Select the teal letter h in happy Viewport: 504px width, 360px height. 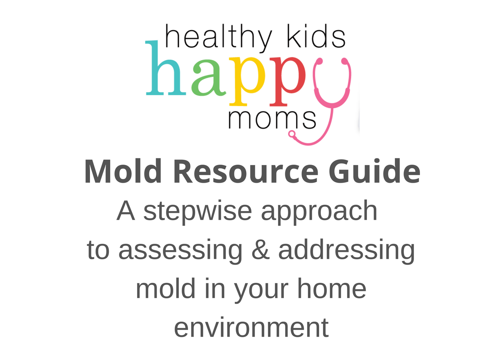[x=165, y=70]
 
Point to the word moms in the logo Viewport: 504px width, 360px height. [x=272, y=119]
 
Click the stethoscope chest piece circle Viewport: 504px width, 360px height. [x=292, y=134]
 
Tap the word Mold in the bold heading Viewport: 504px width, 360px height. [x=123, y=172]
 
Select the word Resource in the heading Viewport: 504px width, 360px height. [x=246, y=172]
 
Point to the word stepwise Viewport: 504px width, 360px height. [x=197, y=211]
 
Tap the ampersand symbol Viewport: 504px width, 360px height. [x=260, y=250]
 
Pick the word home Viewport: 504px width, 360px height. [x=331, y=289]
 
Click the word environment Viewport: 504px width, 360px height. [x=251, y=328]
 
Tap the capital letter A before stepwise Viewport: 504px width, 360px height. [x=126, y=211]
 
